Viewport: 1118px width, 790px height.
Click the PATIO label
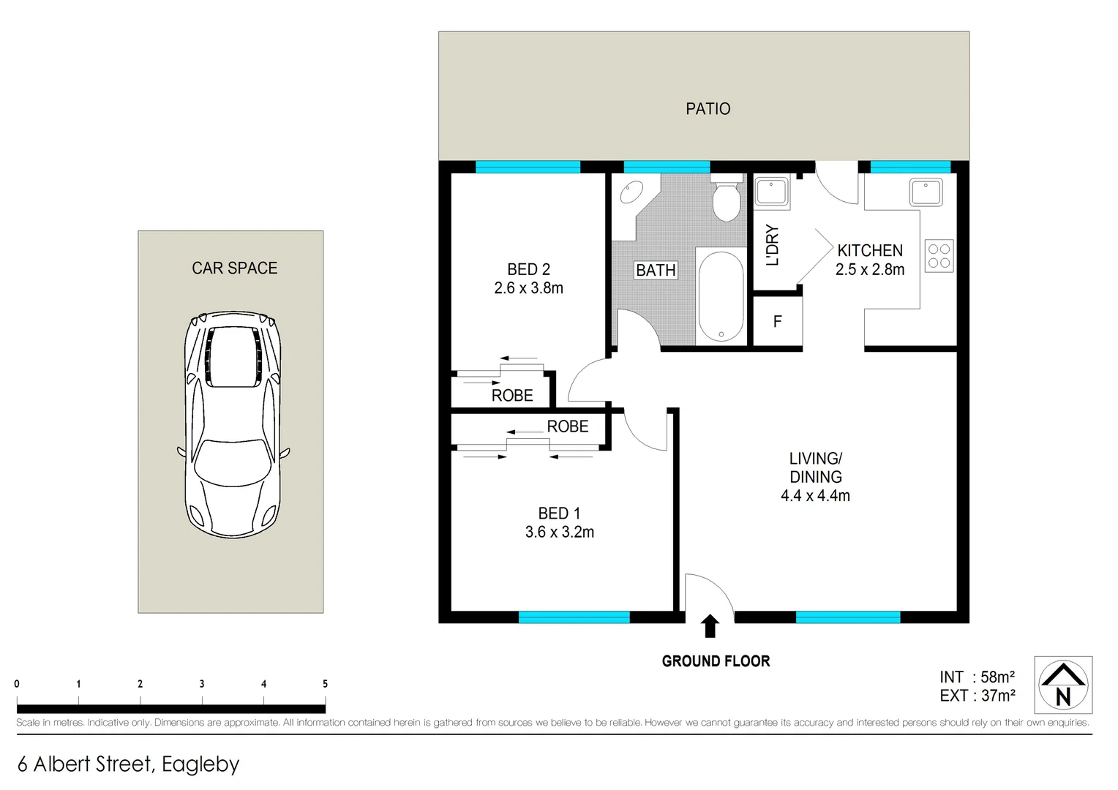(x=708, y=109)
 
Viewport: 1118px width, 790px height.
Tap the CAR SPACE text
(x=234, y=268)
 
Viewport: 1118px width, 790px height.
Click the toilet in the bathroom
(x=727, y=201)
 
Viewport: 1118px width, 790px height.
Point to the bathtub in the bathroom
(x=721, y=297)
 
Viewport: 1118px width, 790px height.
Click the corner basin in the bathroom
(x=631, y=193)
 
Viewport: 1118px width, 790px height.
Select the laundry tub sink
(x=771, y=192)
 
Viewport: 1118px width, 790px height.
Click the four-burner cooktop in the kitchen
(x=939, y=256)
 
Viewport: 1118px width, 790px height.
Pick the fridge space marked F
(x=777, y=322)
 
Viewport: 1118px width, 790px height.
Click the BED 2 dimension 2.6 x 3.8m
(x=528, y=288)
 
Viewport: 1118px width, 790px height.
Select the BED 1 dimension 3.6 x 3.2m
(x=559, y=533)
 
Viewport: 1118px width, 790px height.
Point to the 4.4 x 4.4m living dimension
(x=815, y=496)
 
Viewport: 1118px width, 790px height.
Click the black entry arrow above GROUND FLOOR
(x=710, y=626)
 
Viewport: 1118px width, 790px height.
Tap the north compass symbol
(x=1062, y=685)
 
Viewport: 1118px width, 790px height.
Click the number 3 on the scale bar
(x=202, y=684)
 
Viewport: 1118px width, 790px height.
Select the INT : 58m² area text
(x=977, y=677)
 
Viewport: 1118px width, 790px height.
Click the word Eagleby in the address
(x=200, y=764)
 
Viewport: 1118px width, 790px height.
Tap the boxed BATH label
(x=656, y=271)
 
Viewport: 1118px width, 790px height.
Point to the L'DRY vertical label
(x=772, y=245)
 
